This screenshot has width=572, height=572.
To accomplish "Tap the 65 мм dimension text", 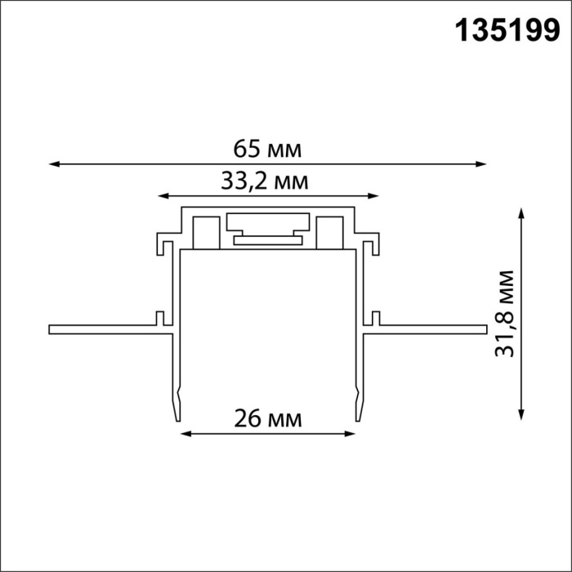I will pyautogui.click(x=267, y=150).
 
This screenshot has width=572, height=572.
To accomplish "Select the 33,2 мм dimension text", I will pyautogui.click(x=265, y=181).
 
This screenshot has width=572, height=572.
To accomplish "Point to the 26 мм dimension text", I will pyautogui.click(x=268, y=419).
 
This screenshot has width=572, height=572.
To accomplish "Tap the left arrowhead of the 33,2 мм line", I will pyautogui.click(x=163, y=196).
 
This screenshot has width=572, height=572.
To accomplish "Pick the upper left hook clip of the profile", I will pyautogui.click(x=165, y=244).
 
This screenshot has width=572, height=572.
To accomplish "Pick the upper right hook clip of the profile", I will pyautogui.click(x=371, y=244).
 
